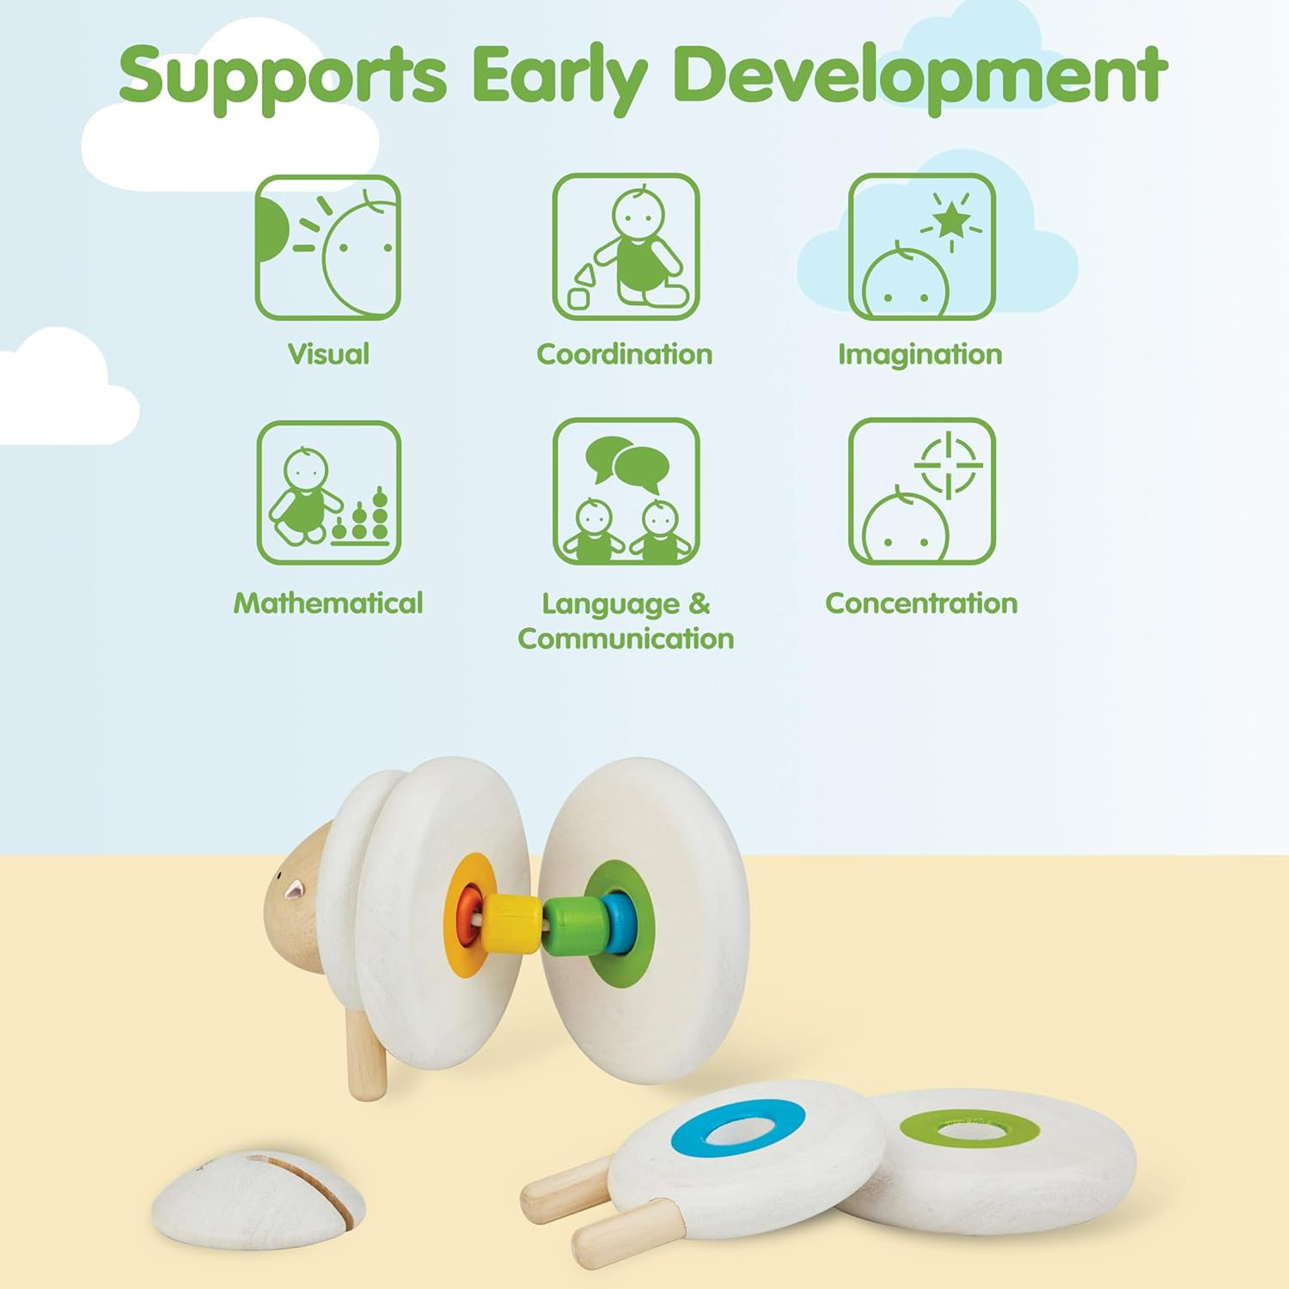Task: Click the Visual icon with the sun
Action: (x=328, y=247)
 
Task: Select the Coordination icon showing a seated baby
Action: (x=626, y=247)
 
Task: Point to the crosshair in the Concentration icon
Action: (x=949, y=465)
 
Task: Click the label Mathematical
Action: (x=328, y=602)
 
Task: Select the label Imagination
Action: (x=920, y=355)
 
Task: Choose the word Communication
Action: (x=626, y=638)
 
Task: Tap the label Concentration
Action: (x=921, y=602)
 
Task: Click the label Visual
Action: (x=328, y=354)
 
